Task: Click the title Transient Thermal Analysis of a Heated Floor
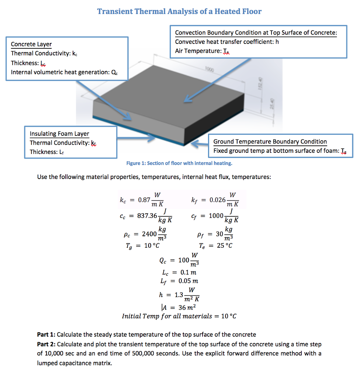[x=179, y=11]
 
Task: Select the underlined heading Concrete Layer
[x=31, y=44]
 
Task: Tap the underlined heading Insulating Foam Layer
[x=59, y=134]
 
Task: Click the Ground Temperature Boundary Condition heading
[x=270, y=141]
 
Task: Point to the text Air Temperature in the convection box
[x=197, y=51]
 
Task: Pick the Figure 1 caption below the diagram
[x=179, y=163]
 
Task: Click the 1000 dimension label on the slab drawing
[x=210, y=69]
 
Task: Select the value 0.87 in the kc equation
[x=144, y=200]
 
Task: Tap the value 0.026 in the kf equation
[x=217, y=200]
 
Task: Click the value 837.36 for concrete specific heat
[x=147, y=216]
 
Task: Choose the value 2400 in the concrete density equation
[x=149, y=234]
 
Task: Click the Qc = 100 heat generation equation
[x=179, y=260]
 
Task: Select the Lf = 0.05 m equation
[x=180, y=281]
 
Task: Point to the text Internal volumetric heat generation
[x=59, y=72]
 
